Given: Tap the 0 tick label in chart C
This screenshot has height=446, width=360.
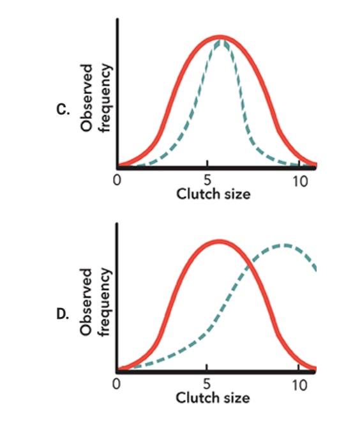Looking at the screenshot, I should click(117, 180).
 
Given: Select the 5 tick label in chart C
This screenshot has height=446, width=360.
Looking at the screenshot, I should click(207, 180).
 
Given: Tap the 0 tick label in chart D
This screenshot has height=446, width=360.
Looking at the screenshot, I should click(117, 385).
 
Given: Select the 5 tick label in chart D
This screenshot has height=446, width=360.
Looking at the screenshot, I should click(207, 385).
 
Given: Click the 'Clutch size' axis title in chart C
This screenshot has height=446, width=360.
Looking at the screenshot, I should click(213, 194).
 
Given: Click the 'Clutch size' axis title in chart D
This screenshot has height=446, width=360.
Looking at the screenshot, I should click(213, 398).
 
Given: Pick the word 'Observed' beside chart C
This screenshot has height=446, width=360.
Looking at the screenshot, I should click(88, 97).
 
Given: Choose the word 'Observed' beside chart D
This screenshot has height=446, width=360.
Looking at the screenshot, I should click(88, 301).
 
